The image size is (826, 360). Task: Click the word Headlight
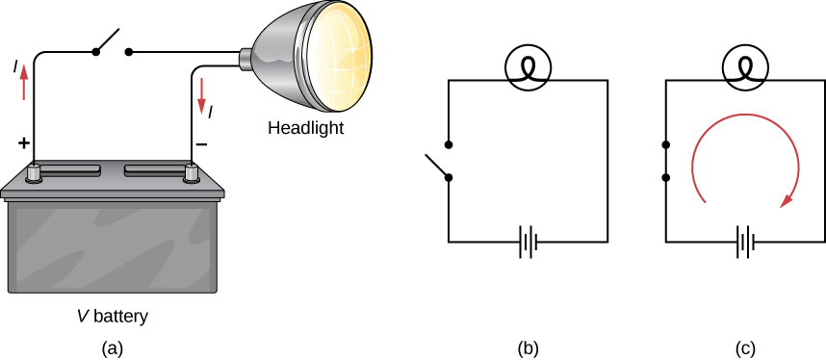coord(305,127)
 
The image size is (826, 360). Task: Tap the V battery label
coord(114,315)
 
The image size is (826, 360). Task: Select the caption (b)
coord(527,347)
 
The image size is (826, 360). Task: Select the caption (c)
coord(745,347)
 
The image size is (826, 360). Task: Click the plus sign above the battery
coord(23,143)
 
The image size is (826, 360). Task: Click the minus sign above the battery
coord(201,143)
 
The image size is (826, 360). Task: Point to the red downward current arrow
coord(202,92)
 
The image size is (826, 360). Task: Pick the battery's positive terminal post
coord(35,173)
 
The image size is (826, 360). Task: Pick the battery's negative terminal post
coord(192,173)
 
